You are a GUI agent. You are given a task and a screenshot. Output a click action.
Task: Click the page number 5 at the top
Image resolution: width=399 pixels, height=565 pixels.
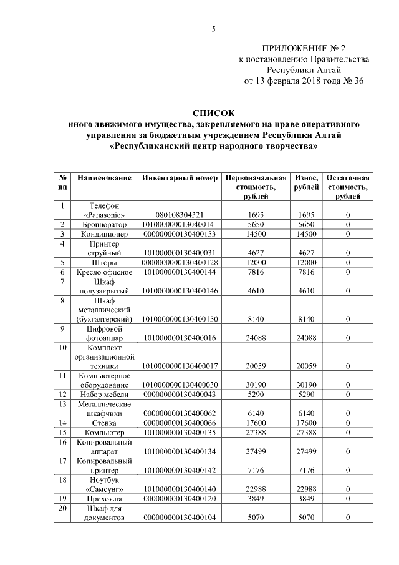(x=213, y=29)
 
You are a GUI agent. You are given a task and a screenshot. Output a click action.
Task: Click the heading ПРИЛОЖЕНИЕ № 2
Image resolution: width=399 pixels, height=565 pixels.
(x=304, y=48)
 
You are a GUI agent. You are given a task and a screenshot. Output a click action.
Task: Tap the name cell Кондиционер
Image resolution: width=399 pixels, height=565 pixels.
(x=104, y=234)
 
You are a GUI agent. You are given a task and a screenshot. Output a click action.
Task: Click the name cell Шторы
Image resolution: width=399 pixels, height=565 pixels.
(x=104, y=263)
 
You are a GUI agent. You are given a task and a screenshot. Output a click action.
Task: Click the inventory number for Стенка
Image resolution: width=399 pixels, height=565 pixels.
(x=180, y=423)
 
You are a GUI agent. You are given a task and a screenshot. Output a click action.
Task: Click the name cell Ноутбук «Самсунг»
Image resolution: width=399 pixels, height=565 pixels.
(x=104, y=484)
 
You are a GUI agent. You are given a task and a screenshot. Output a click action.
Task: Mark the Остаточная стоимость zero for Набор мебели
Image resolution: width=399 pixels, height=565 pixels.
(x=348, y=395)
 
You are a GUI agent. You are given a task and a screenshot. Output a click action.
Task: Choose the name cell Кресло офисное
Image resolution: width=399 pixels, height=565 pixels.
(x=104, y=272)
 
